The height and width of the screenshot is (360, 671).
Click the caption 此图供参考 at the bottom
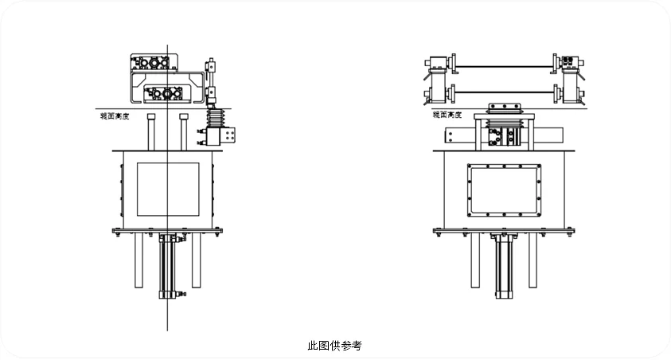[x=334, y=346]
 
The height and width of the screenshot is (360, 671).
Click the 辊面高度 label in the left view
[x=112, y=115]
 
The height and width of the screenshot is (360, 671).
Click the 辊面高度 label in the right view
[x=447, y=115]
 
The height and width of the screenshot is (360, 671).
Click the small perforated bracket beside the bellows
[x=231, y=135]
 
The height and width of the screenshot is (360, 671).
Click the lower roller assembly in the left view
[x=167, y=94]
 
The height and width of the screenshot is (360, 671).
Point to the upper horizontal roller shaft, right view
[x=505, y=64]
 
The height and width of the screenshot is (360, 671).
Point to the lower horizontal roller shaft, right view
[x=505, y=95]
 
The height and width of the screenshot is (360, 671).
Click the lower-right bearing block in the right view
[x=570, y=93]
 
